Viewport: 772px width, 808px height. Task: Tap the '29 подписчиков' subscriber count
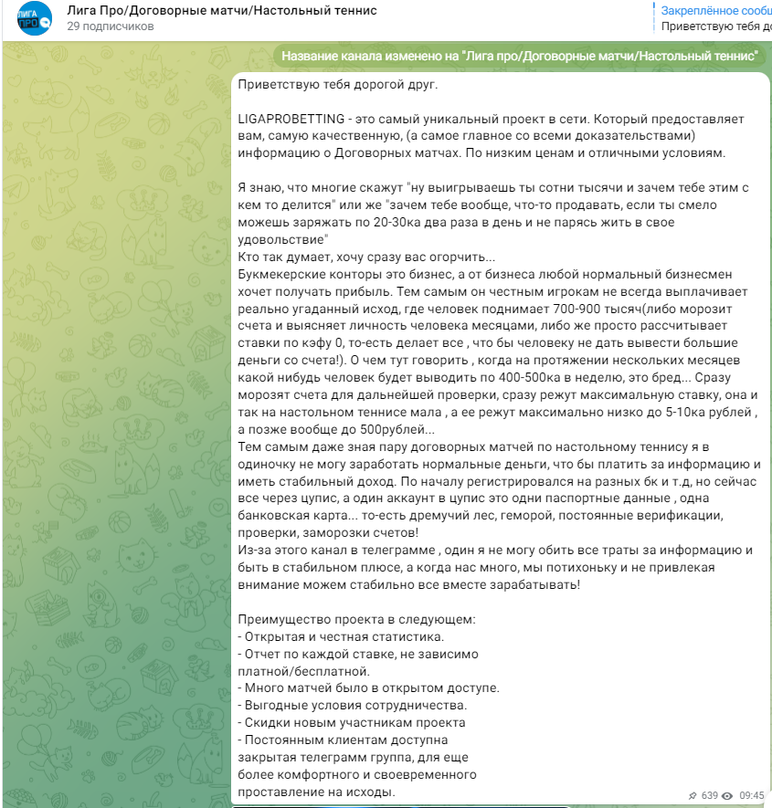110,26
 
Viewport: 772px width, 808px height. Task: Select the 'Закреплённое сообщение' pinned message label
716,10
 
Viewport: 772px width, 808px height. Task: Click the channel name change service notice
520,56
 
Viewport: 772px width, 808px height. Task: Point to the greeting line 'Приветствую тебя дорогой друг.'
337,85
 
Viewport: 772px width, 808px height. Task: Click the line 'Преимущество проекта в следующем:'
356,619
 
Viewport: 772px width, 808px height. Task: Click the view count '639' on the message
710,795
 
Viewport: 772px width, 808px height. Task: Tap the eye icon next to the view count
727,795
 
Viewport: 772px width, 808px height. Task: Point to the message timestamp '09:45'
751,795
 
